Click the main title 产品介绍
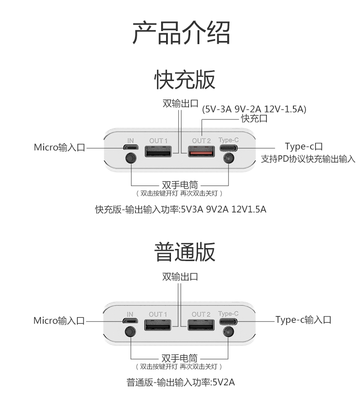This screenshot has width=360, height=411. [x=181, y=32]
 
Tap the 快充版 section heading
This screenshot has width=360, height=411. [x=185, y=80]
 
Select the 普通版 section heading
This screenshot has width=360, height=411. [x=185, y=252]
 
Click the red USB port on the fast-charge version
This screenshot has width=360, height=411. [x=202, y=152]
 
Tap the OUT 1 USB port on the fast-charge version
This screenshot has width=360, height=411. [x=158, y=152]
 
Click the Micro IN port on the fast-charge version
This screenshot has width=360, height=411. [x=130, y=148]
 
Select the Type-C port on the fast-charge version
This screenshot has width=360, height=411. [x=229, y=148]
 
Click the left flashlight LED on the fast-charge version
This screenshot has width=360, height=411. [x=130, y=159]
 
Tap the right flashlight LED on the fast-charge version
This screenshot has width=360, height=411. [x=229, y=159]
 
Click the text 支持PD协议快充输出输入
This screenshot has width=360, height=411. [x=308, y=159]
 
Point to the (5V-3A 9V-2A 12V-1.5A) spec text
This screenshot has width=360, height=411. [x=254, y=109]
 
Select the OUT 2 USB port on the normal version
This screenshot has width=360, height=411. [x=201, y=325]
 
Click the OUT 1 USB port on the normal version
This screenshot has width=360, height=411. [x=158, y=325]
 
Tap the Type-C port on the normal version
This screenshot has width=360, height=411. [x=229, y=321]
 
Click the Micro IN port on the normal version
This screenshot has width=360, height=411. [x=130, y=321]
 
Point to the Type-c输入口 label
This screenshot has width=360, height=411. [x=303, y=320]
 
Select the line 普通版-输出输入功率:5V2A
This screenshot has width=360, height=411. [x=180, y=383]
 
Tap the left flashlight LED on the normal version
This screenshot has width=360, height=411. [x=130, y=332]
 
